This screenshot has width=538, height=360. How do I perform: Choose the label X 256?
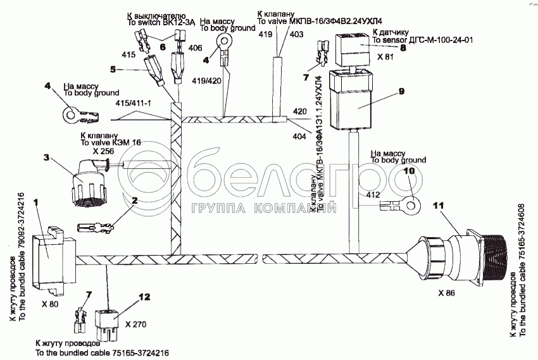tap(103, 151)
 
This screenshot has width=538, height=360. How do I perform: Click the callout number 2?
tap(134, 201)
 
